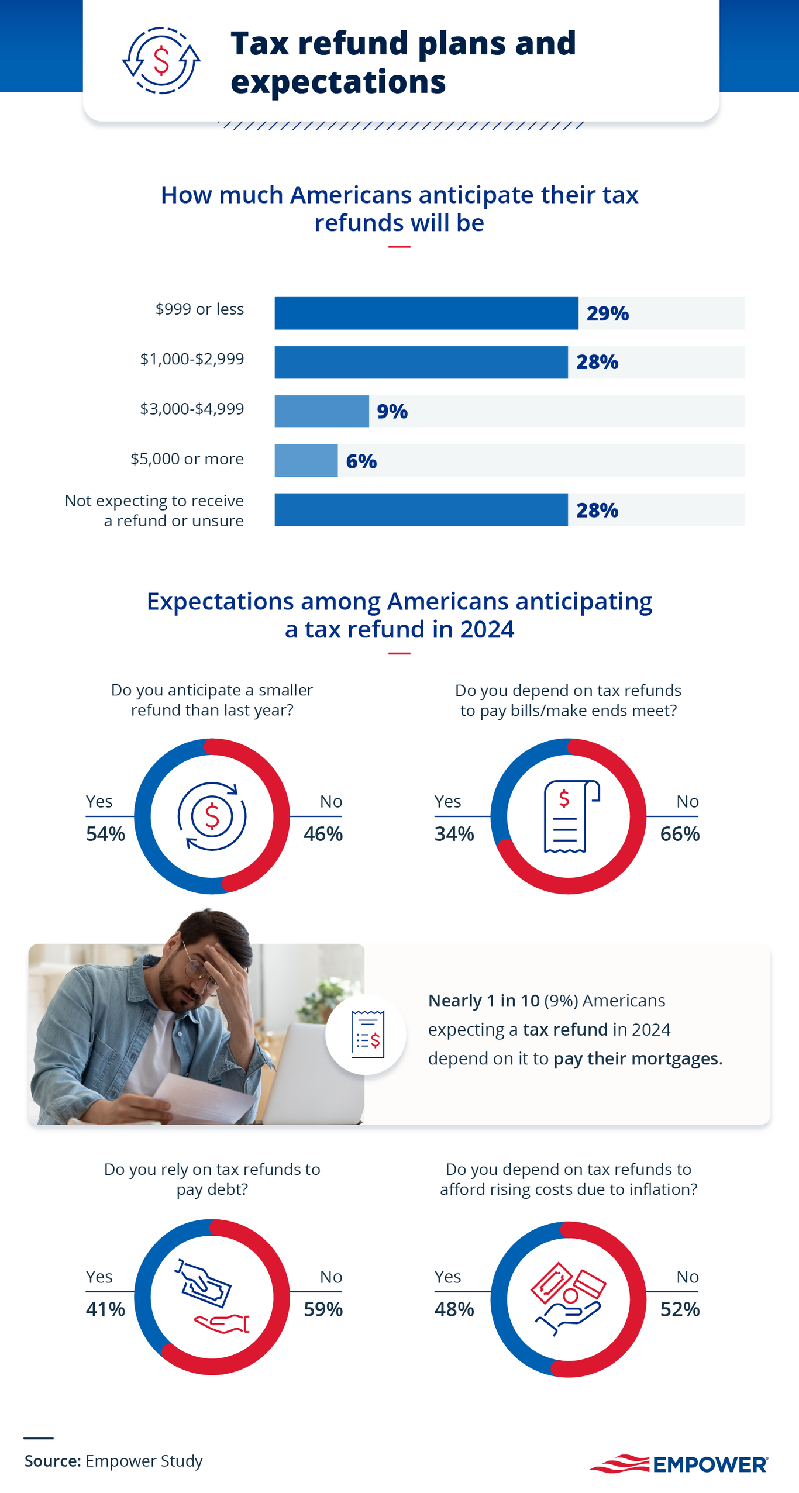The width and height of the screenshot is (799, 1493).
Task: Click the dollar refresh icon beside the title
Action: (x=161, y=60)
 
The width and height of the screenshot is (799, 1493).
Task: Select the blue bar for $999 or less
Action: (x=426, y=313)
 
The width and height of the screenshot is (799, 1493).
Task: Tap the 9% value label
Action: (x=392, y=412)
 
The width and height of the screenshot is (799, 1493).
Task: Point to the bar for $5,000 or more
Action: (x=306, y=461)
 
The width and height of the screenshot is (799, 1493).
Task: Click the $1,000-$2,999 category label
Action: (x=192, y=358)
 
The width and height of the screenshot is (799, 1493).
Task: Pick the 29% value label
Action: (x=607, y=313)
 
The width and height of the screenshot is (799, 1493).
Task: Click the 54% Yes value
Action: (x=105, y=833)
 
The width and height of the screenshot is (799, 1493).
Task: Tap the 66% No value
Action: (x=680, y=833)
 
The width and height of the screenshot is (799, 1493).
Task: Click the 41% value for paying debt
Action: (x=105, y=1309)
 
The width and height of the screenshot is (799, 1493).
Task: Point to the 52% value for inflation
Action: (x=680, y=1309)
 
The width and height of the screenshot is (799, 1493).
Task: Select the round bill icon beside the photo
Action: (x=366, y=1034)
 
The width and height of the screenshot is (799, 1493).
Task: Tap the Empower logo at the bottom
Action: (x=679, y=1464)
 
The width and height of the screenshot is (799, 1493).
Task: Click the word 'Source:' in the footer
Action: (x=53, y=1461)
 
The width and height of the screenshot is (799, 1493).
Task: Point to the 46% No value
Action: (x=323, y=833)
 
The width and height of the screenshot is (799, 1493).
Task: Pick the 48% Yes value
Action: (x=454, y=1309)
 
